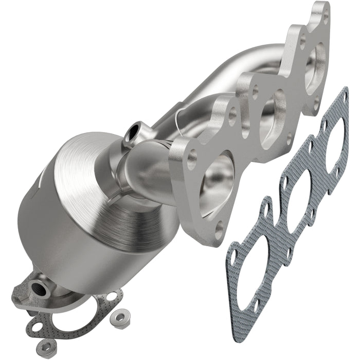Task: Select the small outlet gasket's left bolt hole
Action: [x=36, y=325]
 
